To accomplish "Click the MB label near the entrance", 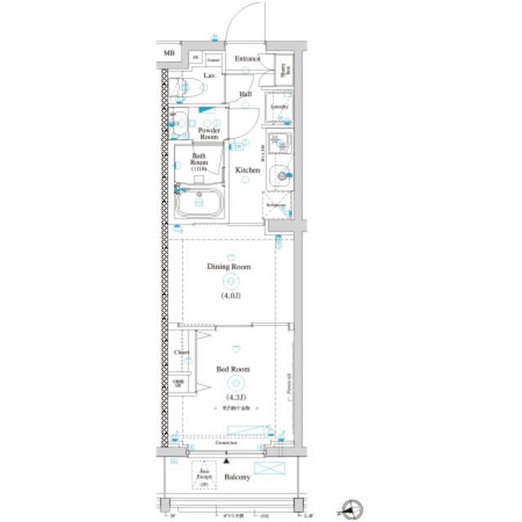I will coord(169,54).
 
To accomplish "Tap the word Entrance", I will coord(247,59).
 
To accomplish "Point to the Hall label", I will coord(245,95).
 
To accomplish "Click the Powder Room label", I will coord(209,134).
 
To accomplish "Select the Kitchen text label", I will coord(247,170).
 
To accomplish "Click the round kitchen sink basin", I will coord(282,172).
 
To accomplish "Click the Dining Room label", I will coord(228,267).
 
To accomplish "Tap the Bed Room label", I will coord(232,369).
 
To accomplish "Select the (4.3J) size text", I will coord(232,398).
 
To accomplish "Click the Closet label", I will coord(181,352).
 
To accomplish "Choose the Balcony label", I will coord(237,477).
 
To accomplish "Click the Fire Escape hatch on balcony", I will coord(201,476).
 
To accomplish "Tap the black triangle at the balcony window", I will coord(225,461).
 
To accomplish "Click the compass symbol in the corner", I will coord(352,509).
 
